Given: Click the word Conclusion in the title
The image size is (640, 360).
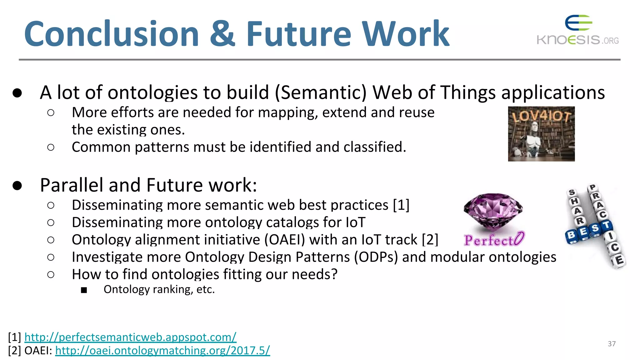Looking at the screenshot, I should point(112,34).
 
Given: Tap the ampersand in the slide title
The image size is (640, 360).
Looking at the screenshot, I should point(222,34).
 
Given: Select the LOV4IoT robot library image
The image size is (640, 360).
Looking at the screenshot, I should point(541,134).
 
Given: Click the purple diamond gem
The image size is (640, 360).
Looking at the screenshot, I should point(493,211).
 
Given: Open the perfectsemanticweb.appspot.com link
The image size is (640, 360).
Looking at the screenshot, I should point(130,337).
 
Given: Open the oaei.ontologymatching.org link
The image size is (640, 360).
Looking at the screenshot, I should point(162,350).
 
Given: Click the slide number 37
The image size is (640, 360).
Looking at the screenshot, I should point(612,344).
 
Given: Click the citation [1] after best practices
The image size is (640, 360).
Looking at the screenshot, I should point(401,205).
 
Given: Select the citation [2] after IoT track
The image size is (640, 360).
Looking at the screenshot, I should point(430,240).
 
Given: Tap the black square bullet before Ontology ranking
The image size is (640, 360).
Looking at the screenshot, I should point(84,290).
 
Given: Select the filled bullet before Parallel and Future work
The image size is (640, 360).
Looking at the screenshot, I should point(17,185).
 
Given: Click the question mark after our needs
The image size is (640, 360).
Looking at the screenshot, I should point(334,274).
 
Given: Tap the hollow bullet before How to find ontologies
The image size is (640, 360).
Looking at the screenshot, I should point(51,275).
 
